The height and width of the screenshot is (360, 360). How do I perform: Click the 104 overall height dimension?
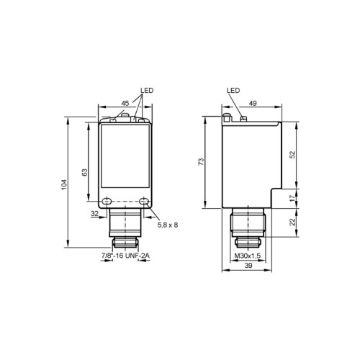[64, 184]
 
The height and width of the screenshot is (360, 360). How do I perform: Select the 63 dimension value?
[85, 172]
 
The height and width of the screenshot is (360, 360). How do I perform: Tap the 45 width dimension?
[125, 103]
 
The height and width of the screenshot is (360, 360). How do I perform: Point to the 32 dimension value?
[94, 213]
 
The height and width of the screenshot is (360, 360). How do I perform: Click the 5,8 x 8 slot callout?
[168, 225]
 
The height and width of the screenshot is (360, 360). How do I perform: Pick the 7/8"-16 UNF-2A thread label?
[125, 256]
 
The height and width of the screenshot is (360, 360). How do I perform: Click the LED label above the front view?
[147, 91]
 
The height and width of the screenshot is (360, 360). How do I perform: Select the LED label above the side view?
[233, 90]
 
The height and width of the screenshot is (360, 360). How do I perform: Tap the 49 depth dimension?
[253, 103]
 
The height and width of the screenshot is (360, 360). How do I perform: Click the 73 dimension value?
[201, 161]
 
